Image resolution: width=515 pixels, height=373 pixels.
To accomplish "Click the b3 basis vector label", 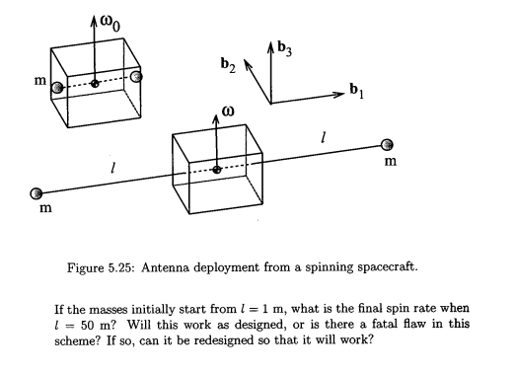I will tap(286, 45).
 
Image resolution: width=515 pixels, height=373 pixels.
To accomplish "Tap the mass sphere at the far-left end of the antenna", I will tap(37, 193).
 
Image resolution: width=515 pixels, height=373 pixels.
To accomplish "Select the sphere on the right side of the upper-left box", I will tap(135, 76).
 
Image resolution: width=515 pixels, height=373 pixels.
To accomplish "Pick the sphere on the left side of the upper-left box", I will tap(59, 88).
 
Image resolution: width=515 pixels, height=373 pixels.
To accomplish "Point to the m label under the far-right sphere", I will tap(391, 163).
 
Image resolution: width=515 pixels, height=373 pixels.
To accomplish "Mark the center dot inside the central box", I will tap(216, 170).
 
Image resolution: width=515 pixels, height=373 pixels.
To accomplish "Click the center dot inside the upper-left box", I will tap(95, 84).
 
